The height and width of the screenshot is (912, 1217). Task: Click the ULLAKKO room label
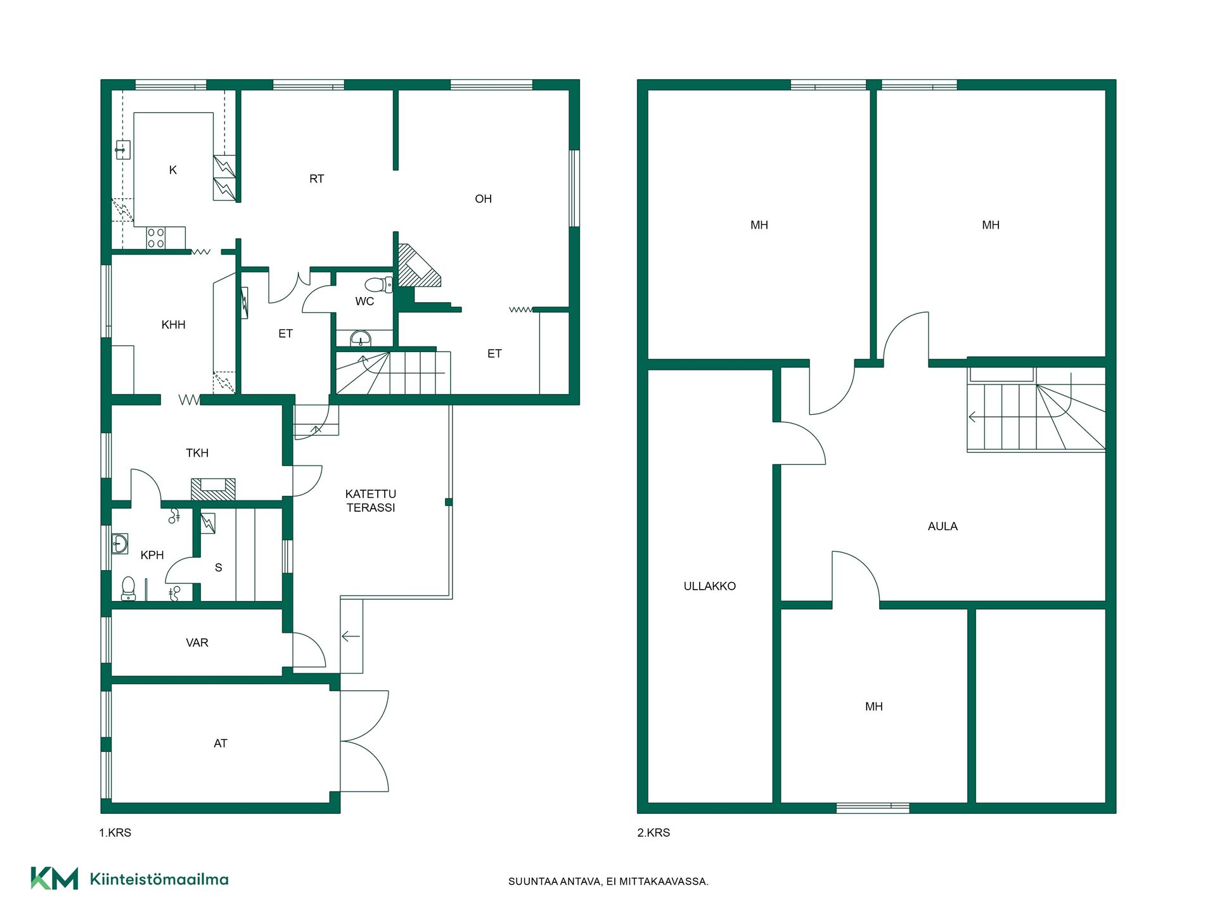709,586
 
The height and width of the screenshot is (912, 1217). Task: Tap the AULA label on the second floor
943,526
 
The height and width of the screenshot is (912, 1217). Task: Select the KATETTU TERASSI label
371,500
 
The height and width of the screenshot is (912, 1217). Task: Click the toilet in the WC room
379,285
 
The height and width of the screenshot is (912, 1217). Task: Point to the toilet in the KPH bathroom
129,588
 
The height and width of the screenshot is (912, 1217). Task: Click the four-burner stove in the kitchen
156,238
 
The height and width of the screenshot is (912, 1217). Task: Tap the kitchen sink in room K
123,150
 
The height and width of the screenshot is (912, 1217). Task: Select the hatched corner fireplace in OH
416,266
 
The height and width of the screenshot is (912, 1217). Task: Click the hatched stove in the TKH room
213,489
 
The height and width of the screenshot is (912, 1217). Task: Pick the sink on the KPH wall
119,543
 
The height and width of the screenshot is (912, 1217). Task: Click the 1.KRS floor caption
115,833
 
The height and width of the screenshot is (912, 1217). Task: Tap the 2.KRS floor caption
654,833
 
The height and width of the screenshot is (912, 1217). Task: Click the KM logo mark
55,878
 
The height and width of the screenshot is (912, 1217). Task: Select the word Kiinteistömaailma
159,879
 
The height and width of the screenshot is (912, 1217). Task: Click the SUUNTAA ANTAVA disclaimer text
608,882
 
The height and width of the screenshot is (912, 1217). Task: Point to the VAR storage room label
197,643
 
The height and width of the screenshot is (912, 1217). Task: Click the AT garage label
221,744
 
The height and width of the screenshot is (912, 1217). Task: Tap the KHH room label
174,325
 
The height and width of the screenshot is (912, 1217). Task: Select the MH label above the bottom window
874,707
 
